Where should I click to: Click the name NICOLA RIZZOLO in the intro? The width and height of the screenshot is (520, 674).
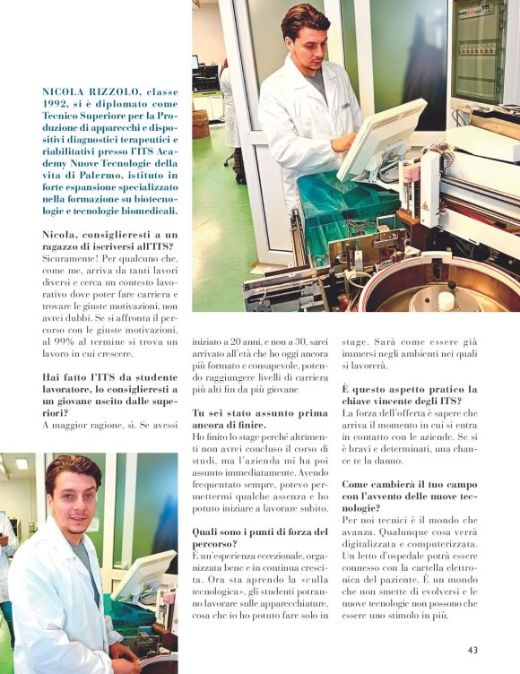tap(87, 92)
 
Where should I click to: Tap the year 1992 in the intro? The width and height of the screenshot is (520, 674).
tap(59, 104)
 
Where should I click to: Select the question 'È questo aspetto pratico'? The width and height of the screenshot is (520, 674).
tap(409, 395)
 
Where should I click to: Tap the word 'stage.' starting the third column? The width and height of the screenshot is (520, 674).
tap(356, 341)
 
